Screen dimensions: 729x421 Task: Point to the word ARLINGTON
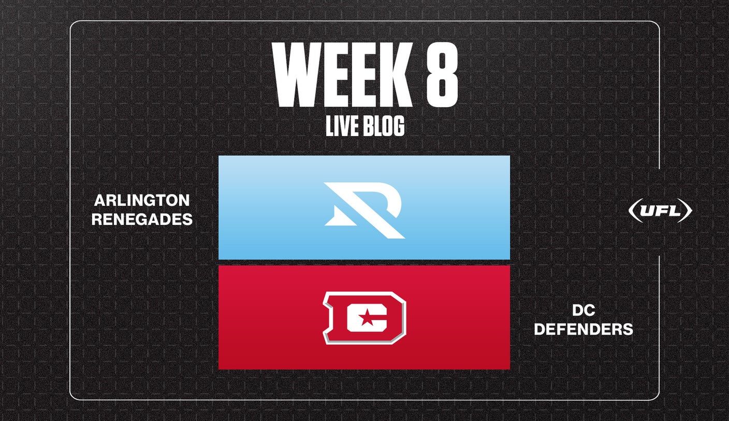click(x=142, y=200)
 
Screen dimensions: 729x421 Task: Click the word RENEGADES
click(x=142, y=219)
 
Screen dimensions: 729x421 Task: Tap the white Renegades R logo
click(x=364, y=210)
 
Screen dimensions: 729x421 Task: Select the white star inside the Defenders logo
click(x=367, y=317)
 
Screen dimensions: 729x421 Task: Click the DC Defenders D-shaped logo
click(x=364, y=318)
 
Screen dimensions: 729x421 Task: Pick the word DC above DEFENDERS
click(x=584, y=310)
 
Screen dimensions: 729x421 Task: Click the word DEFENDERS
click(x=584, y=329)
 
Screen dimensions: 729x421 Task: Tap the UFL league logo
click(x=660, y=210)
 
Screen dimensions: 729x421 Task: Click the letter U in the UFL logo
click(x=648, y=211)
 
